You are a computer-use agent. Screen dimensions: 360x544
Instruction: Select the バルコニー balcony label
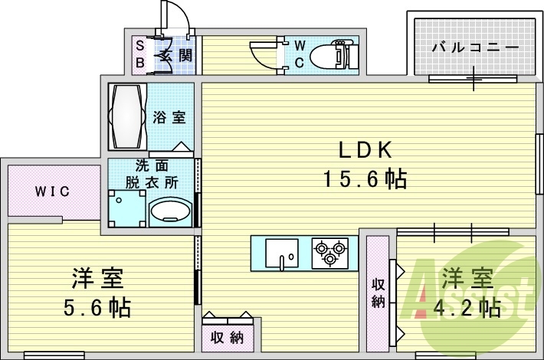474,47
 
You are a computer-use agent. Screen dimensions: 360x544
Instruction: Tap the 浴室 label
169,118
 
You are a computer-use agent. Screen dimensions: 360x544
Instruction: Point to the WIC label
52,191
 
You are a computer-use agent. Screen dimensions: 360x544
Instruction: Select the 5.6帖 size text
97,309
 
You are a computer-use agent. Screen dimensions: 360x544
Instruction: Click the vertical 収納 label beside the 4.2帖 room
378,291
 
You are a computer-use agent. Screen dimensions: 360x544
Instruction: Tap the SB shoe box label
139,54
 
